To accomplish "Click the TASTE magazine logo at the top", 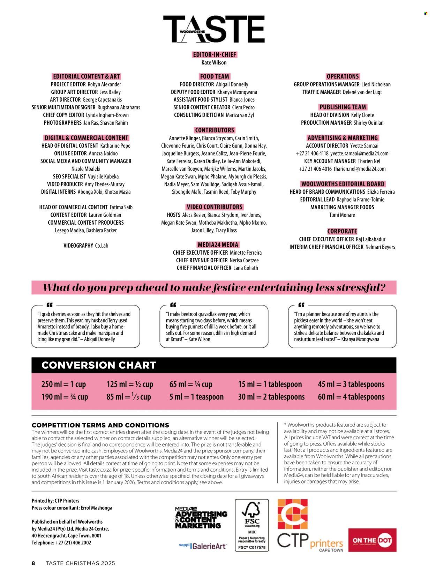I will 213,29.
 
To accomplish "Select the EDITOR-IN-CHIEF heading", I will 215,55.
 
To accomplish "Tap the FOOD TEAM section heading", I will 215,76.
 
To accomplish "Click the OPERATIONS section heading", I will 343,76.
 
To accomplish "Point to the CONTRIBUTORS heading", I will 215,130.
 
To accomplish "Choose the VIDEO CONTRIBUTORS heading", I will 215,207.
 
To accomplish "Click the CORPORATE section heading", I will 342,231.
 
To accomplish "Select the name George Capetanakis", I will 102,100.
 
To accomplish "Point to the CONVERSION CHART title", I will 99,365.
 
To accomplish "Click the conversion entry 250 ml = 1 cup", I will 63,384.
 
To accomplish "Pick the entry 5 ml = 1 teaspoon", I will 196,397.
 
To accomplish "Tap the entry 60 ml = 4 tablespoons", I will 351,397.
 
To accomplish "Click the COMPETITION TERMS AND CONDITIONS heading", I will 100,425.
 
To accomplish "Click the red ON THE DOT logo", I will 372,540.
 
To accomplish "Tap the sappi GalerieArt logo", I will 203,546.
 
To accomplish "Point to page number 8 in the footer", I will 33,563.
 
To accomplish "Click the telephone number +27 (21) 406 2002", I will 73,542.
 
